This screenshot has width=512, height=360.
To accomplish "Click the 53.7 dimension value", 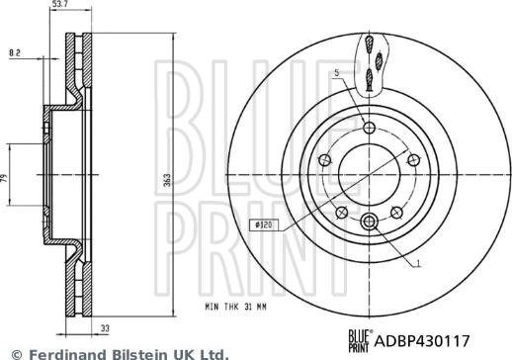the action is coord(59,4).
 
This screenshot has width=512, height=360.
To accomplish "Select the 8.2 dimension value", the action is coord(15,52).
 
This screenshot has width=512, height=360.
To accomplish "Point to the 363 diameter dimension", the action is coord(167,180).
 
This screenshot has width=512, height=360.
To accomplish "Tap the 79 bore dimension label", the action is coord(4,179).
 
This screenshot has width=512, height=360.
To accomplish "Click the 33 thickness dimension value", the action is coord(105,328).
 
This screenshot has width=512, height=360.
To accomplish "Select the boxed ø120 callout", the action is coord(264,225).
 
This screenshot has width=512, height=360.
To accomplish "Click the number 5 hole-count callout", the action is coord(337,72).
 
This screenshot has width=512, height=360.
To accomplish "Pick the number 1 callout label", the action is coord(418,263).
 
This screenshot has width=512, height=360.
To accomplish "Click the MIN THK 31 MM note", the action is coord(235,307).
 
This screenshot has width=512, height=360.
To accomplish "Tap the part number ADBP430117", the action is coord(422,341).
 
